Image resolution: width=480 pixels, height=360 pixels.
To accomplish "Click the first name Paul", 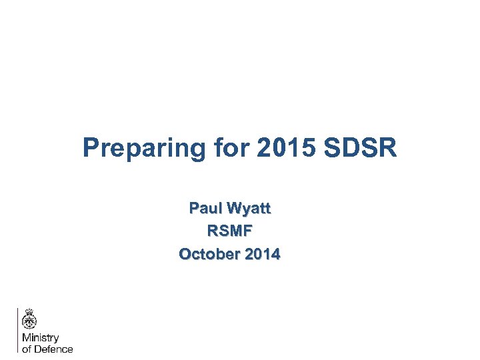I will pos(205,209).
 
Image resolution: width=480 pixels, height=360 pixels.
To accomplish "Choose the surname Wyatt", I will pos(248,209).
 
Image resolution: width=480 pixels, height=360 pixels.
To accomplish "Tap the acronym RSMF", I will pos(230,231).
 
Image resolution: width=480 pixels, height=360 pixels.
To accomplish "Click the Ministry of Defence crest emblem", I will pos(29,321).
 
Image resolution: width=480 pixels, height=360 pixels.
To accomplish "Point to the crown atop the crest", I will pos(29,311).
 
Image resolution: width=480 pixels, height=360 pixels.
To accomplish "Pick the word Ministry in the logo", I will pos(41,339).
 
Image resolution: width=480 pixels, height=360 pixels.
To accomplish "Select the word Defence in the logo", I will pos(54,349).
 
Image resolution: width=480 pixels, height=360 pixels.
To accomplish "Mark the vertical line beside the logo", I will pos(17,329).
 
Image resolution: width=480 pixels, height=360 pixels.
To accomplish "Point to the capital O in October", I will pos(185,254).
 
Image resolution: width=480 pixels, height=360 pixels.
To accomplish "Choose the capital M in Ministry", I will pos(26,339).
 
